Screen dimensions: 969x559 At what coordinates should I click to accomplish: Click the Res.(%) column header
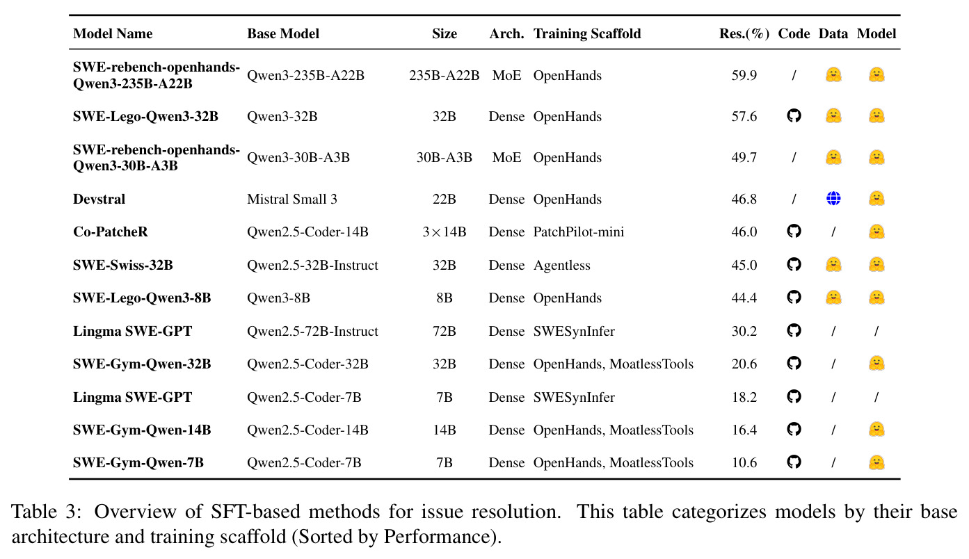point(744,34)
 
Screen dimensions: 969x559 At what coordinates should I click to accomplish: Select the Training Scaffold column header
point(587,34)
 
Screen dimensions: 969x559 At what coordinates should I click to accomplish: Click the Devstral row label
point(99,199)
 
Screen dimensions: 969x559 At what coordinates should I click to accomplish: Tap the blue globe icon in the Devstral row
point(833,198)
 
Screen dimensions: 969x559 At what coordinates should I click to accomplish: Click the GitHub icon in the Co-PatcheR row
point(794,232)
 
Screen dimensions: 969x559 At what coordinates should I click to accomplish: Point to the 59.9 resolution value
point(744,75)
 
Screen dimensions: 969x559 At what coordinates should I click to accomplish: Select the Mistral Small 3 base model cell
point(292,199)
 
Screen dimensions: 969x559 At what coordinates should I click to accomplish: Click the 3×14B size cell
point(445,232)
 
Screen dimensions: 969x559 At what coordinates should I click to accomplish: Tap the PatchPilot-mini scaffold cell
point(578,232)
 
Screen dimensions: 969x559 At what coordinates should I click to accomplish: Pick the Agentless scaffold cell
point(561,265)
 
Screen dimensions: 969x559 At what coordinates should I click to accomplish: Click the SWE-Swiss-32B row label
point(123,265)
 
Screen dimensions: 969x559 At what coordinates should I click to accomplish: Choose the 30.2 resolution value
point(744,331)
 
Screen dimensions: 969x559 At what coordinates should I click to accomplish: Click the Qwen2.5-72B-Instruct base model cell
point(312,331)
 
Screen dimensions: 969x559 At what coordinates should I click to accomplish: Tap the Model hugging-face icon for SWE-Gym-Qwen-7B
point(876,462)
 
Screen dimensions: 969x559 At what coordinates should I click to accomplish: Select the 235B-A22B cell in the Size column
point(445,75)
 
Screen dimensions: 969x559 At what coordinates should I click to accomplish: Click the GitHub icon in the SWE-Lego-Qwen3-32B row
point(794,116)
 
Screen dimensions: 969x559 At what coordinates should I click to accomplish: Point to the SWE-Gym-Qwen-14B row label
point(142,430)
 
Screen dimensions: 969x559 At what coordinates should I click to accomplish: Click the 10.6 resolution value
point(744,462)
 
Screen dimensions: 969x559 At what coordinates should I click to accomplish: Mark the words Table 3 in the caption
point(46,512)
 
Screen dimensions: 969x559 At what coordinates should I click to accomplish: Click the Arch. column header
point(506,34)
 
